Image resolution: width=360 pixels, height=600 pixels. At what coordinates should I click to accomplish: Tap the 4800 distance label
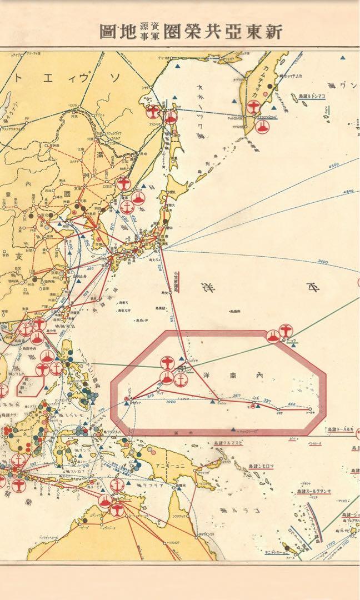point(348,191)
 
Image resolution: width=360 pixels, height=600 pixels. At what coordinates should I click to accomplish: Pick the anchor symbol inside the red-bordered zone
point(180,380)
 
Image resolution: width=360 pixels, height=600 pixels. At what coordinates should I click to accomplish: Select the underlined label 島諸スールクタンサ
point(314,491)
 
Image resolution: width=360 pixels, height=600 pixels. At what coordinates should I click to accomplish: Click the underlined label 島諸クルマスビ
point(228,442)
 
